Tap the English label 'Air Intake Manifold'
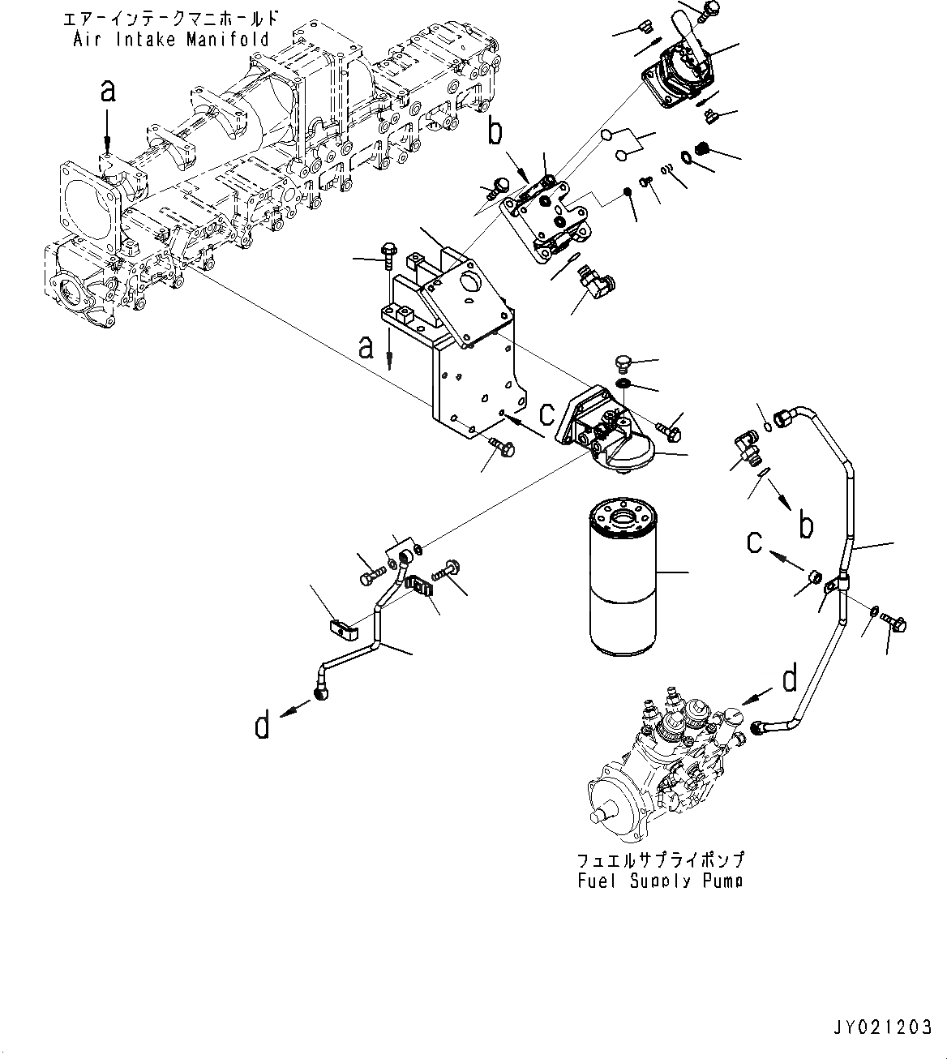pyautogui.click(x=171, y=39)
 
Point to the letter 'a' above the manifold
pyautogui.click(x=108, y=91)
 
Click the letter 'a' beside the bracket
pyautogui.click(x=366, y=348)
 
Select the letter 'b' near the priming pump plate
pyautogui.click(x=495, y=131)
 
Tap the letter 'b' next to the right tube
pyautogui.click(x=805, y=525)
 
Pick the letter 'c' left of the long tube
pyautogui.click(x=755, y=541)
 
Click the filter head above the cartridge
pyautogui.click(x=600, y=430)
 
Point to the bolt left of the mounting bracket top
pyautogui.click(x=388, y=251)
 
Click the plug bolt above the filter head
pyautogui.click(x=623, y=362)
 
